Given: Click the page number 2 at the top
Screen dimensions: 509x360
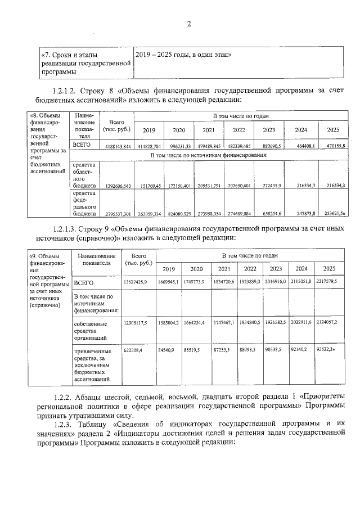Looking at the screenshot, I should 189,24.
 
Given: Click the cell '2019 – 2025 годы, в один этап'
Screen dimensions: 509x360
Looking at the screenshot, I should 184,55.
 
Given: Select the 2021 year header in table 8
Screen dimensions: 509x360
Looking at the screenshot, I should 208,130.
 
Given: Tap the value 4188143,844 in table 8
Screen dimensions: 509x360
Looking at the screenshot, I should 118,146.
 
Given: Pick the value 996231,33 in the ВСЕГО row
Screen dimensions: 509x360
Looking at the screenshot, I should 179,146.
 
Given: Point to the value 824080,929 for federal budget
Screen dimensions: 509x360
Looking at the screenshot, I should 179,214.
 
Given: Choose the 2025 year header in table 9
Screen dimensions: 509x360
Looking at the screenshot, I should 330,269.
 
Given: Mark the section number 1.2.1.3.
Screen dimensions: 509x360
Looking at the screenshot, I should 67,230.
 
